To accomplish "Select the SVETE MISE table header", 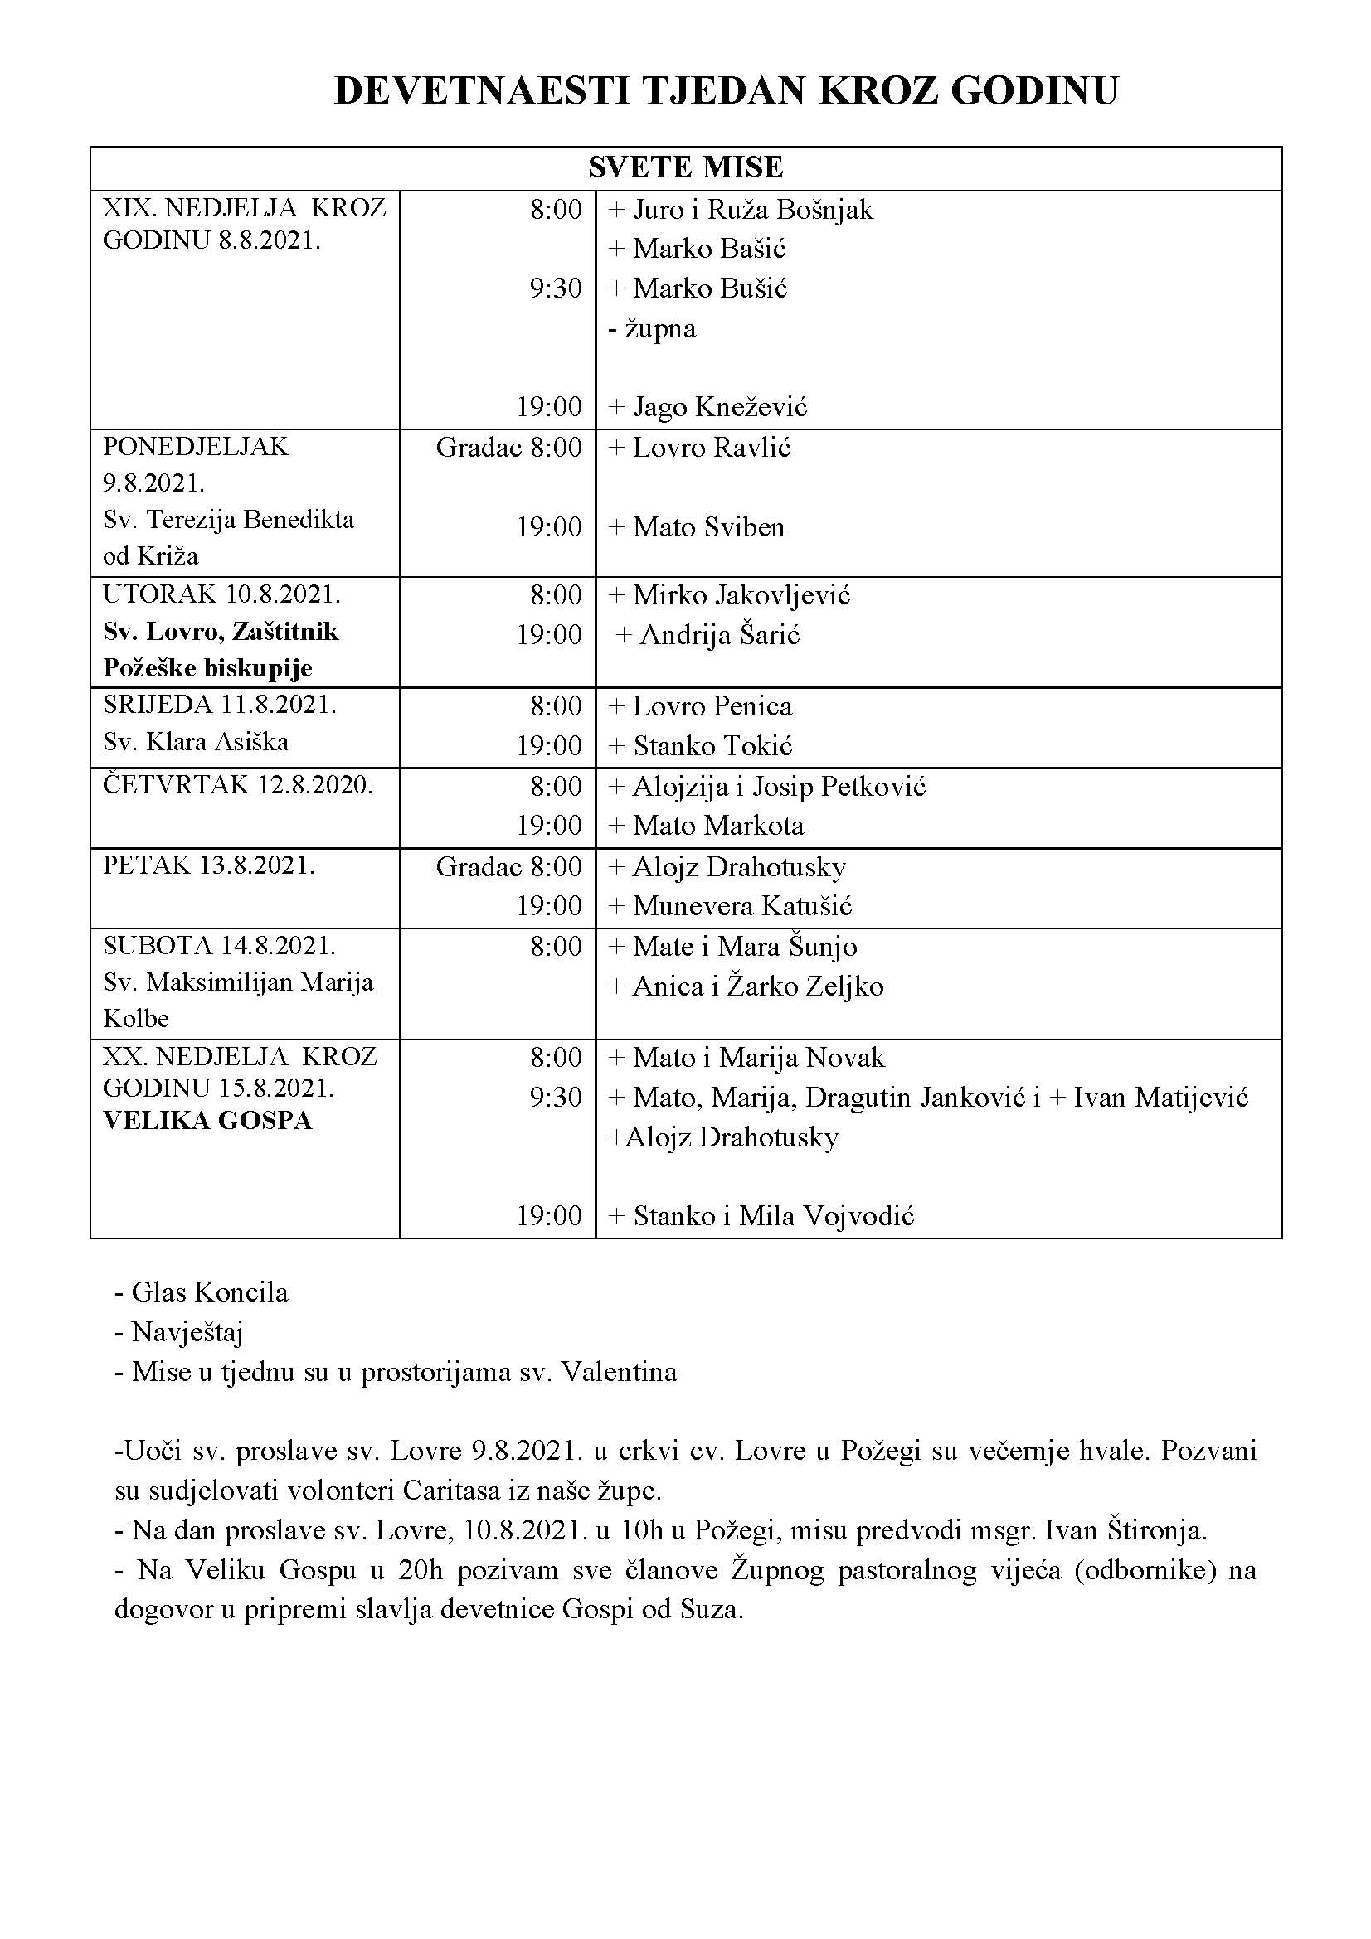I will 685,167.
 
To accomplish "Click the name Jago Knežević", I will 719,407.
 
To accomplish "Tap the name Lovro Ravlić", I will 712,447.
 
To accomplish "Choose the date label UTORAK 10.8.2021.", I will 221,594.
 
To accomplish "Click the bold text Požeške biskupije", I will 208,668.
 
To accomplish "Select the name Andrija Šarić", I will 719,634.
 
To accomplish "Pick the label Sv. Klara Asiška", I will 196,741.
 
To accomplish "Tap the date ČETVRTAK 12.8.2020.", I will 237,784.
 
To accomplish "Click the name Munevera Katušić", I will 741,906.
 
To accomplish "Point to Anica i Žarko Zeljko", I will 758,986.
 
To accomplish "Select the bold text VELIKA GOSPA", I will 208,1121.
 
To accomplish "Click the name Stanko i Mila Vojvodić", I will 773,1216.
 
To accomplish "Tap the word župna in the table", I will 659,327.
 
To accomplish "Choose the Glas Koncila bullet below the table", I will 210,1292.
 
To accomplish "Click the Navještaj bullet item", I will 187,1333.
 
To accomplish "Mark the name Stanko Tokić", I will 712,746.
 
